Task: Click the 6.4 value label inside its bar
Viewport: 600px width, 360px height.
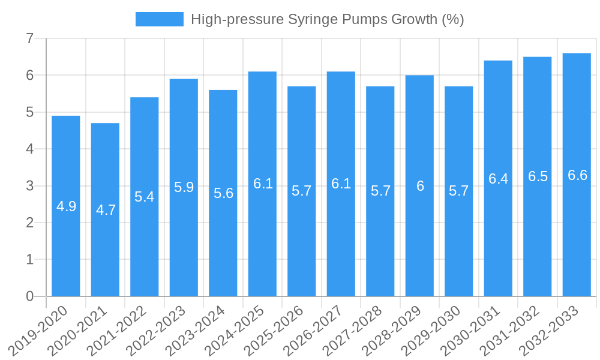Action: (x=498, y=179)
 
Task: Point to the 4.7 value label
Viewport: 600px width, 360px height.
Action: (x=106, y=210)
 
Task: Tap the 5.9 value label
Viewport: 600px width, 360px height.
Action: (x=184, y=187)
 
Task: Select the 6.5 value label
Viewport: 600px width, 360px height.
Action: (x=538, y=176)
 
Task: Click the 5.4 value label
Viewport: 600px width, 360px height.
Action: (x=145, y=196)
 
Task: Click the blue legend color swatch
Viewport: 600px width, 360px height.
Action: (x=160, y=19)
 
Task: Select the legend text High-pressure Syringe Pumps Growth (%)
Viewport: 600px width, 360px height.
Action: (x=327, y=19)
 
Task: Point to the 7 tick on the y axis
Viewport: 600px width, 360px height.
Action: (x=29, y=38)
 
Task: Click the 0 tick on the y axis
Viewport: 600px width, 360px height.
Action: (x=29, y=296)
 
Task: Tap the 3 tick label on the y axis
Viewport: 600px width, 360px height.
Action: (x=29, y=186)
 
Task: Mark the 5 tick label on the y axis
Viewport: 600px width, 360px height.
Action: (x=29, y=112)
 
